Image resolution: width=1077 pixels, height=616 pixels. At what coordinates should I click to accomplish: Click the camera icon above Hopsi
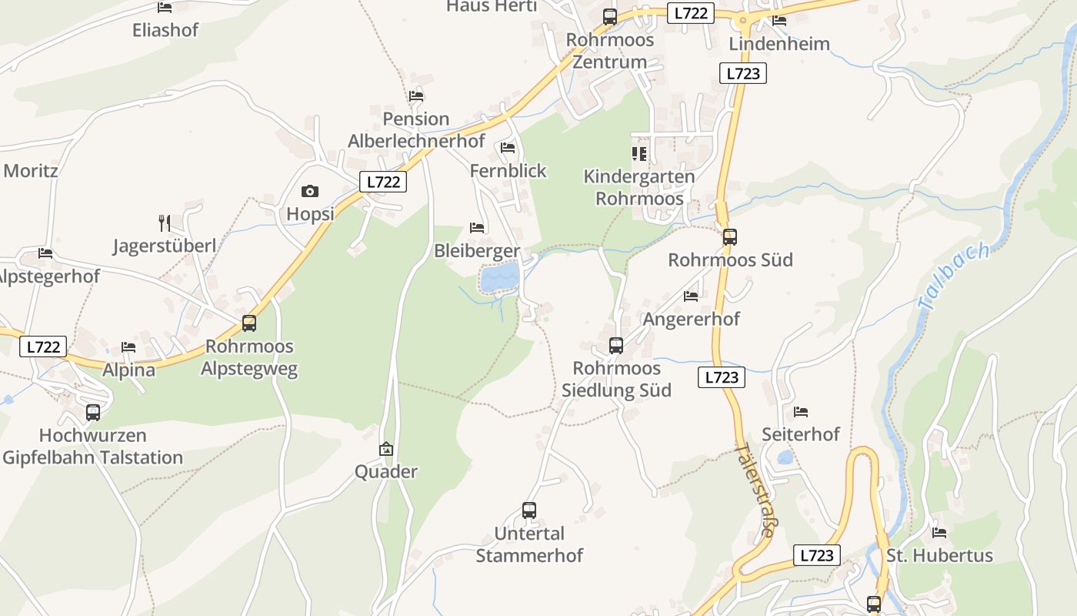(310, 191)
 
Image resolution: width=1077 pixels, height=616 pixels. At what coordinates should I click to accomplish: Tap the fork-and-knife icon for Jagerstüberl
(164, 223)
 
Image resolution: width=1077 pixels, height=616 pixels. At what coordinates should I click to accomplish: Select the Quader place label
(386, 471)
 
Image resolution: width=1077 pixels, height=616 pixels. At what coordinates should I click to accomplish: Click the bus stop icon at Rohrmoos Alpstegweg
(249, 323)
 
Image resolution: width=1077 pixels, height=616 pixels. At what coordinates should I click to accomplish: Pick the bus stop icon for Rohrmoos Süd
(729, 237)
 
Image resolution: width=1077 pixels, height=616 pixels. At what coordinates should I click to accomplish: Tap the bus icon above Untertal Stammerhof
(529, 510)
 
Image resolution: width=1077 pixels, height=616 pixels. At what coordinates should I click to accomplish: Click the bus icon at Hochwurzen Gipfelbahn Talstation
(93, 412)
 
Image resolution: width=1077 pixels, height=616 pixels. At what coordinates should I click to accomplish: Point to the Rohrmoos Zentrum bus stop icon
(610, 17)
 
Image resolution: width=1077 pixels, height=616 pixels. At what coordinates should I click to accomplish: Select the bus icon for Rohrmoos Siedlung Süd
(616, 346)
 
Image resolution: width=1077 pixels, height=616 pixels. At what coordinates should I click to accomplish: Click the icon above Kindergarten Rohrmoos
(639, 154)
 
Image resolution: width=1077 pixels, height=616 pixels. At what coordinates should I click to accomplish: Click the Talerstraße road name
(755, 488)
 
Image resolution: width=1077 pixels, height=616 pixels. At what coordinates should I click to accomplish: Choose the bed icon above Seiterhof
(801, 412)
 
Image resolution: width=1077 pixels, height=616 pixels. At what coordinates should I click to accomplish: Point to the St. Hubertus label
(939, 555)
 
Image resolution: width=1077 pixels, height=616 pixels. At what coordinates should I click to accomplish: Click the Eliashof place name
(165, 30)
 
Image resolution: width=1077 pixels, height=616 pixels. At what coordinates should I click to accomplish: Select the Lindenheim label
(779, 44)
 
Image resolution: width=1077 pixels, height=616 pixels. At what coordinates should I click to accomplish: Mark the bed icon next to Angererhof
(691, 296)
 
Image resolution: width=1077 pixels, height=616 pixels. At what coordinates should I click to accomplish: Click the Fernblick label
(508, 170)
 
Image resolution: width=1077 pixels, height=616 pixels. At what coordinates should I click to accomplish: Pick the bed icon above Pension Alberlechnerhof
(416, 96)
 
